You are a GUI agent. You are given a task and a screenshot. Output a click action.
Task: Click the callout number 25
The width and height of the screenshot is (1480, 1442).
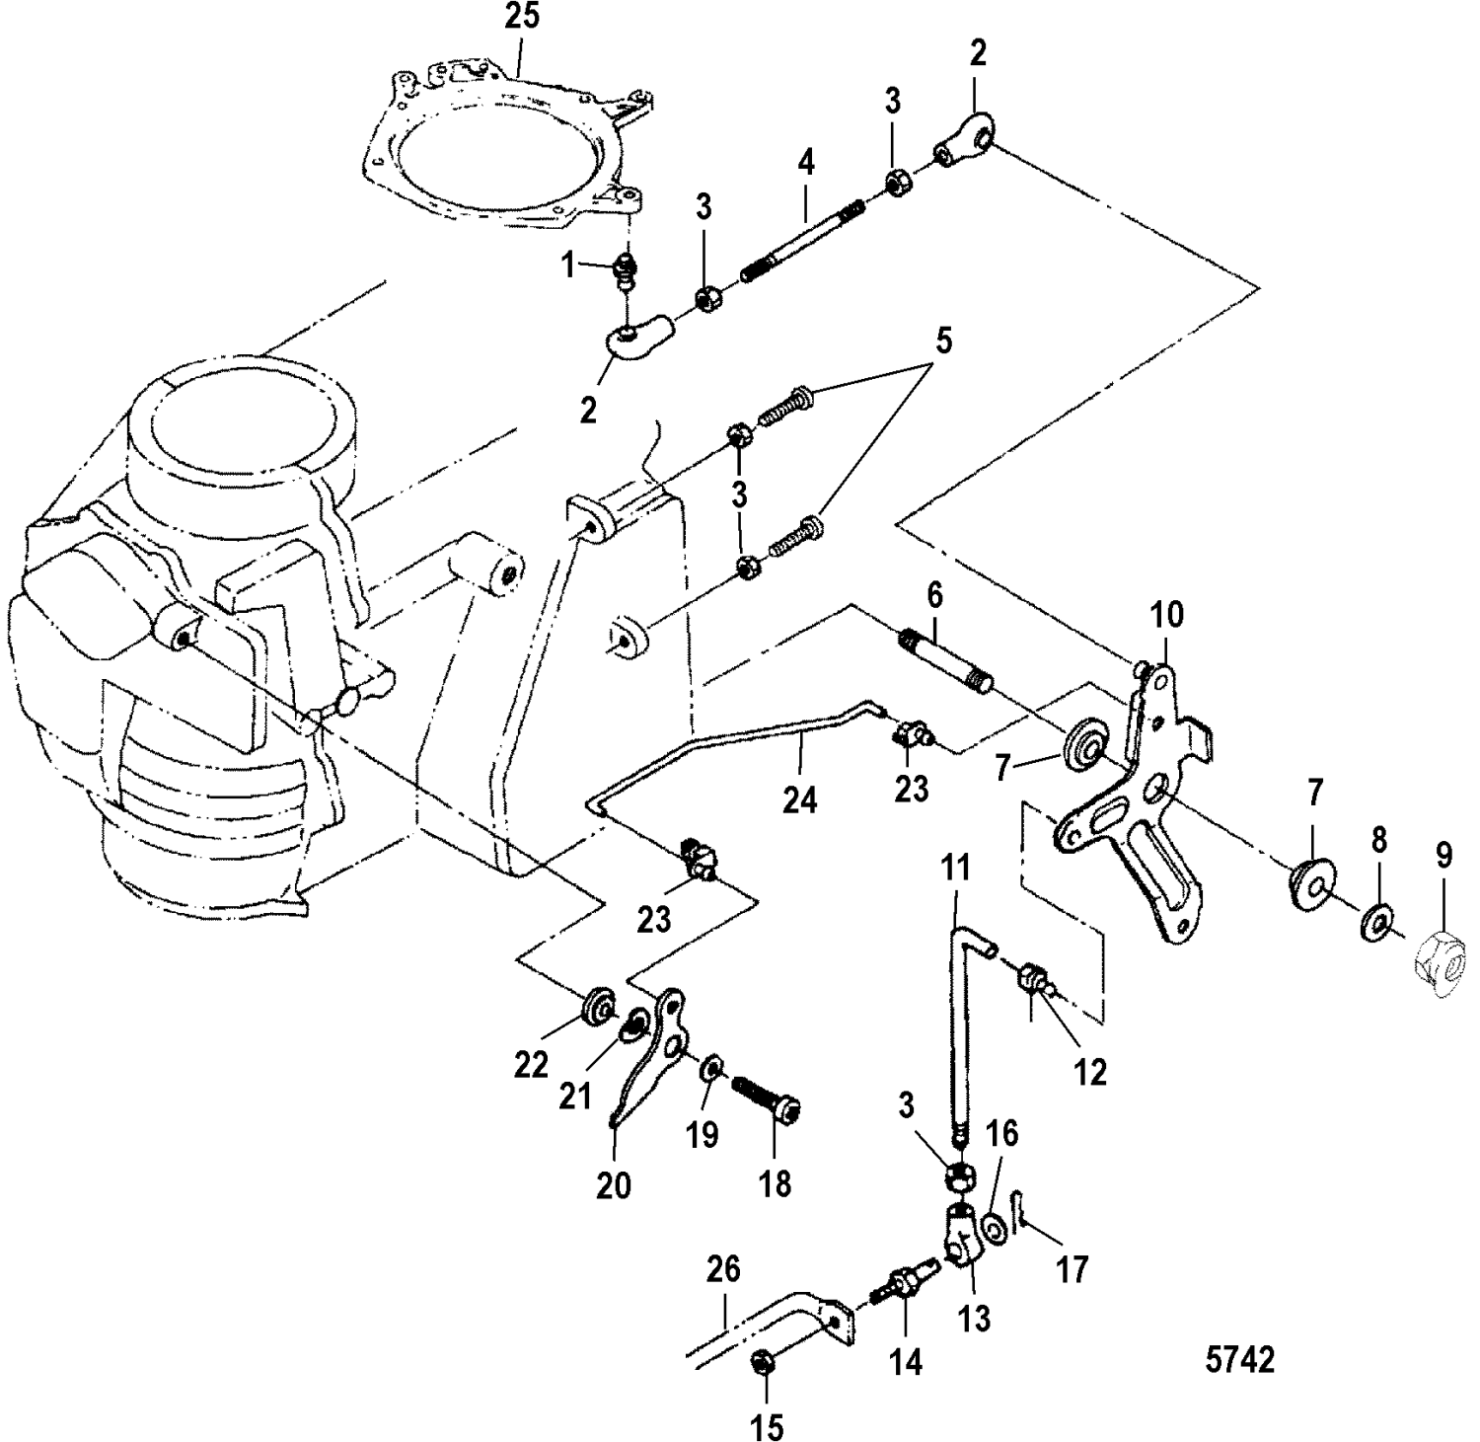(523, 18)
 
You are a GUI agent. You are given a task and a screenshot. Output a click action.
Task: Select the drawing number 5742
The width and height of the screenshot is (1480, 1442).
(1239, 1361)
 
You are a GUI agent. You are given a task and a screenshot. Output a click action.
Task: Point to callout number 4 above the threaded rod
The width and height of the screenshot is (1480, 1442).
(807, 164)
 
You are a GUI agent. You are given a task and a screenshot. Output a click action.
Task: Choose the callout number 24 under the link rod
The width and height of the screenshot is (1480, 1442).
(800, 800)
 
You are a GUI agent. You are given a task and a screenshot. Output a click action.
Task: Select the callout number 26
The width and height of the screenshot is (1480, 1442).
(723, 1269)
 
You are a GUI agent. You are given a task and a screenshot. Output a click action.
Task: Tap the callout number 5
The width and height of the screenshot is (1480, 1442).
(943, 342)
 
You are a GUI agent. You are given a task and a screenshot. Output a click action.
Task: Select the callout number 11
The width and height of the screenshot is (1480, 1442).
(956, 870)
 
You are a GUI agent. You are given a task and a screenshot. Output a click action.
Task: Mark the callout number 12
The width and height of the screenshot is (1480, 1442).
(1090, 1071)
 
